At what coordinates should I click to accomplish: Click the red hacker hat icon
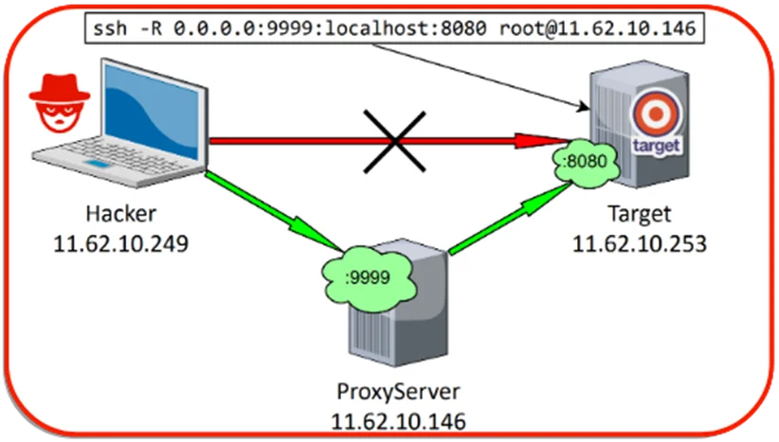[60, 103]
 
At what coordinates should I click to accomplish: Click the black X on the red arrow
[394, 142]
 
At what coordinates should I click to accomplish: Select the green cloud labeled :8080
[587, 162]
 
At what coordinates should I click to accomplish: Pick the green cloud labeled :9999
[368, 276]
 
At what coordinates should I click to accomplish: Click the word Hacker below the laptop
[120, 214]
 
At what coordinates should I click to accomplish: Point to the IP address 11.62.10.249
[120, 243]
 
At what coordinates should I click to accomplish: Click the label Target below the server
[640, 214]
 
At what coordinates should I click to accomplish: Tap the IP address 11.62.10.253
[640, 244]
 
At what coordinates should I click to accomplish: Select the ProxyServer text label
[398, 392]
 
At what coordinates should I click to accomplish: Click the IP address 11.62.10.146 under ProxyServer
[398, 422]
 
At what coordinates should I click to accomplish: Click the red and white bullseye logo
[656, 114]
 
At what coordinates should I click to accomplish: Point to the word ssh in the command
[110, 27]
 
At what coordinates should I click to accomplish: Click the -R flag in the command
[152, 27]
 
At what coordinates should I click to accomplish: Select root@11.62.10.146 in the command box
[598, 27]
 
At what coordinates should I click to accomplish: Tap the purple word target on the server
[656, 146]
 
